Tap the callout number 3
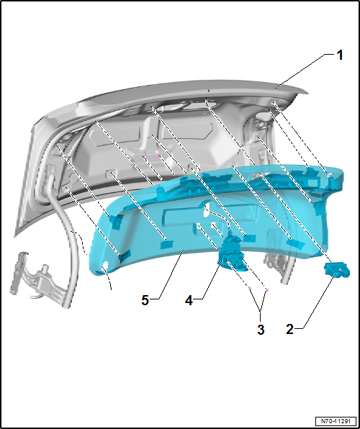coord(261,330)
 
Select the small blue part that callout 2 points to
coord(337,270)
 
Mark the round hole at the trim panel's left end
coord(106,266)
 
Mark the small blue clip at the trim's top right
coord(328,176)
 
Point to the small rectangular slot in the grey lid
coord(114,174)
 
